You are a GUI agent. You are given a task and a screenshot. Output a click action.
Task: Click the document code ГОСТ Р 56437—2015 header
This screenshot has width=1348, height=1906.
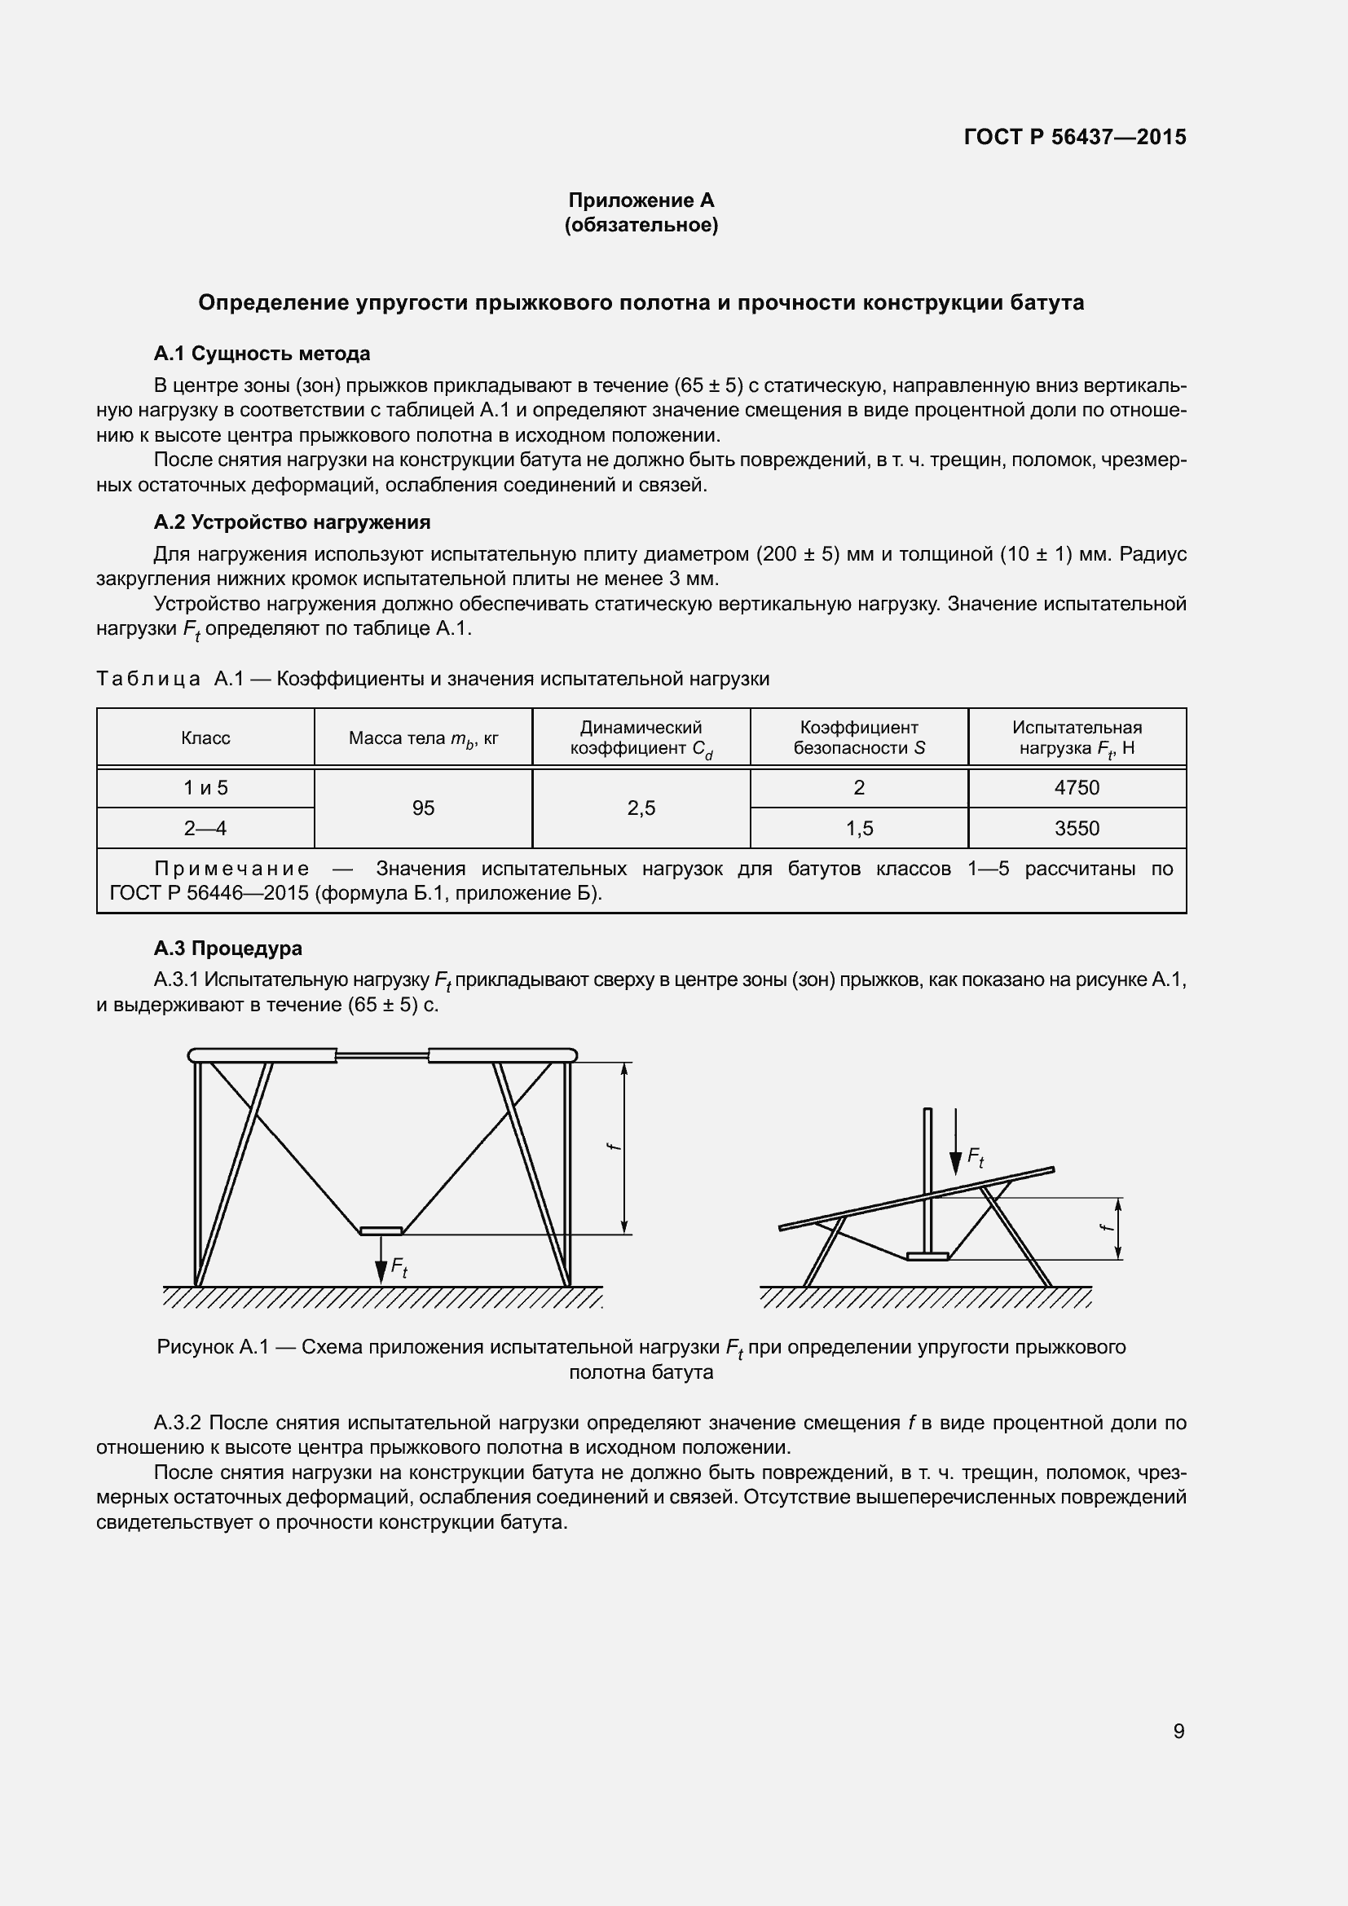click(x=1074, y=137)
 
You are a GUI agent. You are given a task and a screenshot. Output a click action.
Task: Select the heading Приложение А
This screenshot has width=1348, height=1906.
click(x=641, y=200)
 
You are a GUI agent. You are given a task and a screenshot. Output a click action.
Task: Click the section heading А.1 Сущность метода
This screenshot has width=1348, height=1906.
click(x=262, y=354)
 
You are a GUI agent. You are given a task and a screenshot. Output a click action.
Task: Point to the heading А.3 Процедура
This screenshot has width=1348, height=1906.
click(x=227, y=948)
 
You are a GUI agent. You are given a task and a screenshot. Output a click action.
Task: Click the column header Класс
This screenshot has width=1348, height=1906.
click(x=205, y=738)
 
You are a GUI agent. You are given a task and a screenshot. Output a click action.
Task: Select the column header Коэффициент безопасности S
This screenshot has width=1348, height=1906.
click(x=858, y=737)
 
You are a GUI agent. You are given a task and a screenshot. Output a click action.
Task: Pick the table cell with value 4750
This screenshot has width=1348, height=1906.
click(x=1077, y=788)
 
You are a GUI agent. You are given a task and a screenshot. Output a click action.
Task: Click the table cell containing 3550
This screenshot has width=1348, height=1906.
click(x=1077, y=829)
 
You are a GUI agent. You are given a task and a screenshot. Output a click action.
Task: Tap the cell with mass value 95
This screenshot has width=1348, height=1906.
click(x=423, y=808)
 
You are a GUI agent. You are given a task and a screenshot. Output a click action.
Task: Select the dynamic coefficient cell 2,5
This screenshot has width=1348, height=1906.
click(x=641, y=808)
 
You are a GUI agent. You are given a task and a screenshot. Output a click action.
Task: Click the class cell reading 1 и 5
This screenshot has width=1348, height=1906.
click(x=205, y=788)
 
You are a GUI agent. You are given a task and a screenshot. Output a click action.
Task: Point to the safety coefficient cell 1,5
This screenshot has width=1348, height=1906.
click(x=858, y=829)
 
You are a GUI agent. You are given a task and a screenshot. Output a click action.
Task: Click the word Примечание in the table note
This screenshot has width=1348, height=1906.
click(x=232, y=869)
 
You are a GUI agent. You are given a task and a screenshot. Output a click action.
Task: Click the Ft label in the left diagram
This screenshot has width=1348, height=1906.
click(x=399, y=1268)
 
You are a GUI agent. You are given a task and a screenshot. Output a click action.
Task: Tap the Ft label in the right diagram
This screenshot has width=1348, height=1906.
click(x=976, y=1158)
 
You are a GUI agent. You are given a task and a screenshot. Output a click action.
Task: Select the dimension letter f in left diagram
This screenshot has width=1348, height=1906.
click(x=613, y=1147)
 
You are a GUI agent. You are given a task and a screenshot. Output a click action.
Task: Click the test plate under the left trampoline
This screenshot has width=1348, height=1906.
click(x=381, y=1230)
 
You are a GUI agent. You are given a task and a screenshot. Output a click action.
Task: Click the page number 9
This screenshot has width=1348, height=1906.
click(x=1178, y=1732)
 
